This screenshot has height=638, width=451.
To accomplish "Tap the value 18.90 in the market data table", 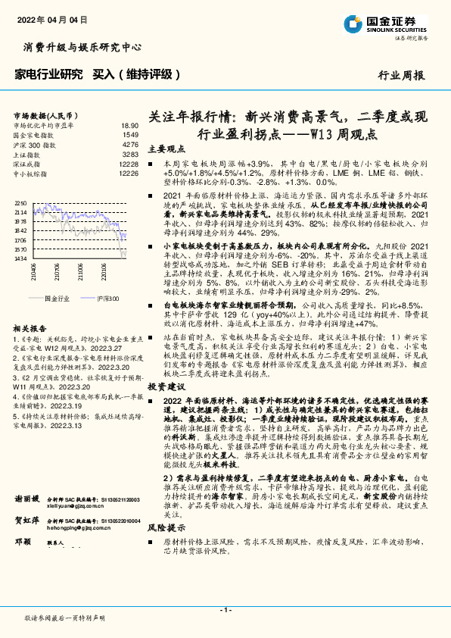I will [x=129, y=125].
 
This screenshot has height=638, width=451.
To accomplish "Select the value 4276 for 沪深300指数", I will [x=130, y=143].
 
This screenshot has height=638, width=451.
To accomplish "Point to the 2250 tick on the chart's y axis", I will [x=20, y=203].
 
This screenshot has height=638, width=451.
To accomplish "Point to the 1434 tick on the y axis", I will [x=20, y=258].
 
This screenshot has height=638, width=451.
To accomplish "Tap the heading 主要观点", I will [x=165, y=149].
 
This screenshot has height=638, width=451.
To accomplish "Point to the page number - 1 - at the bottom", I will [x=225, y=610].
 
